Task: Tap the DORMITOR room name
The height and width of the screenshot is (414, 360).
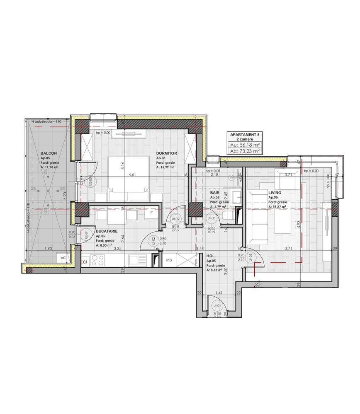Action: pos(167,153)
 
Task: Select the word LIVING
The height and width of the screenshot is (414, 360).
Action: pos(275,193)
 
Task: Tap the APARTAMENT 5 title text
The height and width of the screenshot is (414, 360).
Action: pos(245,135)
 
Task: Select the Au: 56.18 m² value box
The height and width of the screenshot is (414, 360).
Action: pos(245,145)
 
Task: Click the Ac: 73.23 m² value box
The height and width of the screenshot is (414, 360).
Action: pos(245,151)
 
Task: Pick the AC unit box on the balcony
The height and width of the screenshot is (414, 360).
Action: pos(63,257)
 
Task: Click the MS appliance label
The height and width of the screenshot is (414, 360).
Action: pos(169,260)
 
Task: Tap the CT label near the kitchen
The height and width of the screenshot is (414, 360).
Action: pos(85,262)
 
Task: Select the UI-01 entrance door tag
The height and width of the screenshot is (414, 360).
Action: pos(216,306)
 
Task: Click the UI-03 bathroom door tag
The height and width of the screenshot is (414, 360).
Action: pos(211,218)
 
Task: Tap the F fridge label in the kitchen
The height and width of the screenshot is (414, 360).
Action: pos(152,213)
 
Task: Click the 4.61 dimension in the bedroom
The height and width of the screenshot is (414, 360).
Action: pos(132,175)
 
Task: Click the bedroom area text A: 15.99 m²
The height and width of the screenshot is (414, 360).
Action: pos(165,167)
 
